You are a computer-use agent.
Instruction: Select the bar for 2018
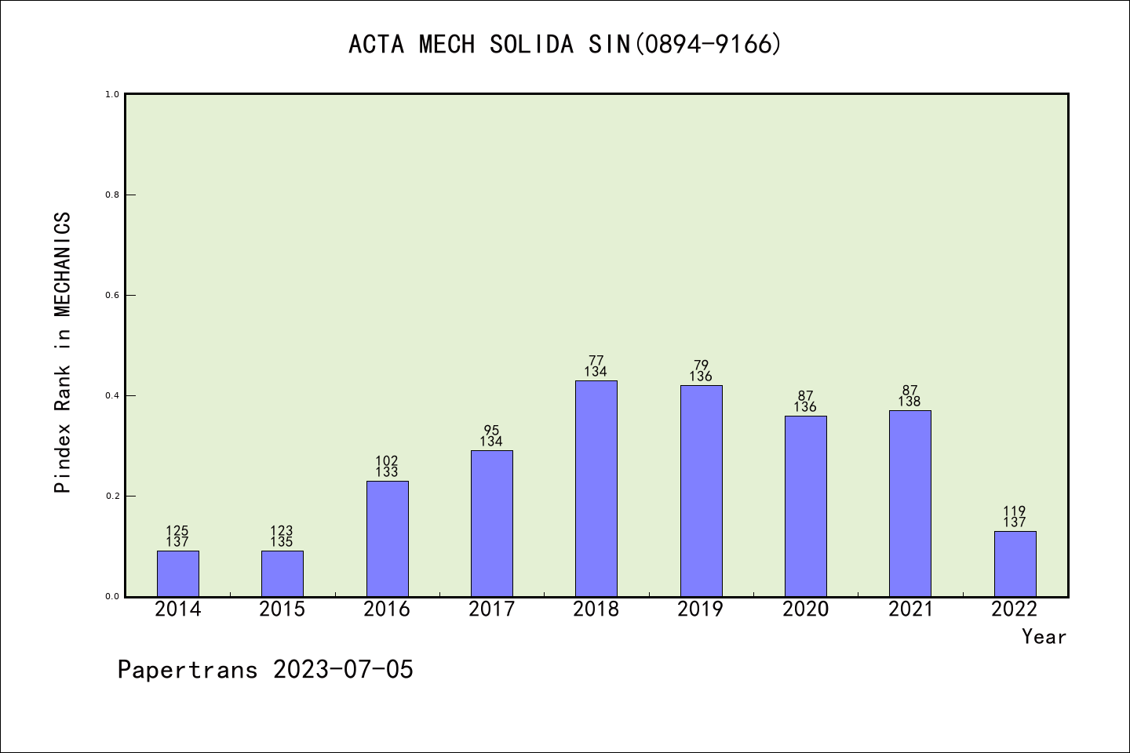tap(596, 488)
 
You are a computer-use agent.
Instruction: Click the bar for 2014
tap(177, 573)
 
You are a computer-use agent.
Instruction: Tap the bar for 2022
tap(1015, 563)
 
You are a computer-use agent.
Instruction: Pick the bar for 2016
tap(387, 538)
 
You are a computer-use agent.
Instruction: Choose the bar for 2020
tap(805, 506)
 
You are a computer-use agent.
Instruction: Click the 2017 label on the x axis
tap(491, 609)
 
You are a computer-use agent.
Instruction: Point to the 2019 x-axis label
tap(701, 609)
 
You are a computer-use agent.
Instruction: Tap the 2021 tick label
tap(910, 609)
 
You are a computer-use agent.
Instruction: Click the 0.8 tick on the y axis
tap(112, 195)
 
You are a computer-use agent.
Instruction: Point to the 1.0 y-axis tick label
tap(112, 94)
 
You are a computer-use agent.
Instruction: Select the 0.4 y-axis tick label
tap(112, 395)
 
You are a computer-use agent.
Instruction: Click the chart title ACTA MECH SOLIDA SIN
tap(565, 45)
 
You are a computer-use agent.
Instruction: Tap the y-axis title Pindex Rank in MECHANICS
tap(63, 353)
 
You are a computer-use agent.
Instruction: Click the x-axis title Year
tap(1044, 637)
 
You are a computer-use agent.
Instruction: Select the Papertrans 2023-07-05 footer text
tap(265, 670)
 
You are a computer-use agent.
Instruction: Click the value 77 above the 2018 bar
tap(596, 361)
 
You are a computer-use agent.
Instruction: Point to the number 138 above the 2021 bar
tap(909, 402)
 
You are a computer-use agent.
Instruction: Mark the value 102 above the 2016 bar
tap(387, 461)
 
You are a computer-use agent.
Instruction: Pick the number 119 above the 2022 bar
tap(1015, 511)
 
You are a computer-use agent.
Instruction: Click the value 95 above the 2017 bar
tap(491, 431)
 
